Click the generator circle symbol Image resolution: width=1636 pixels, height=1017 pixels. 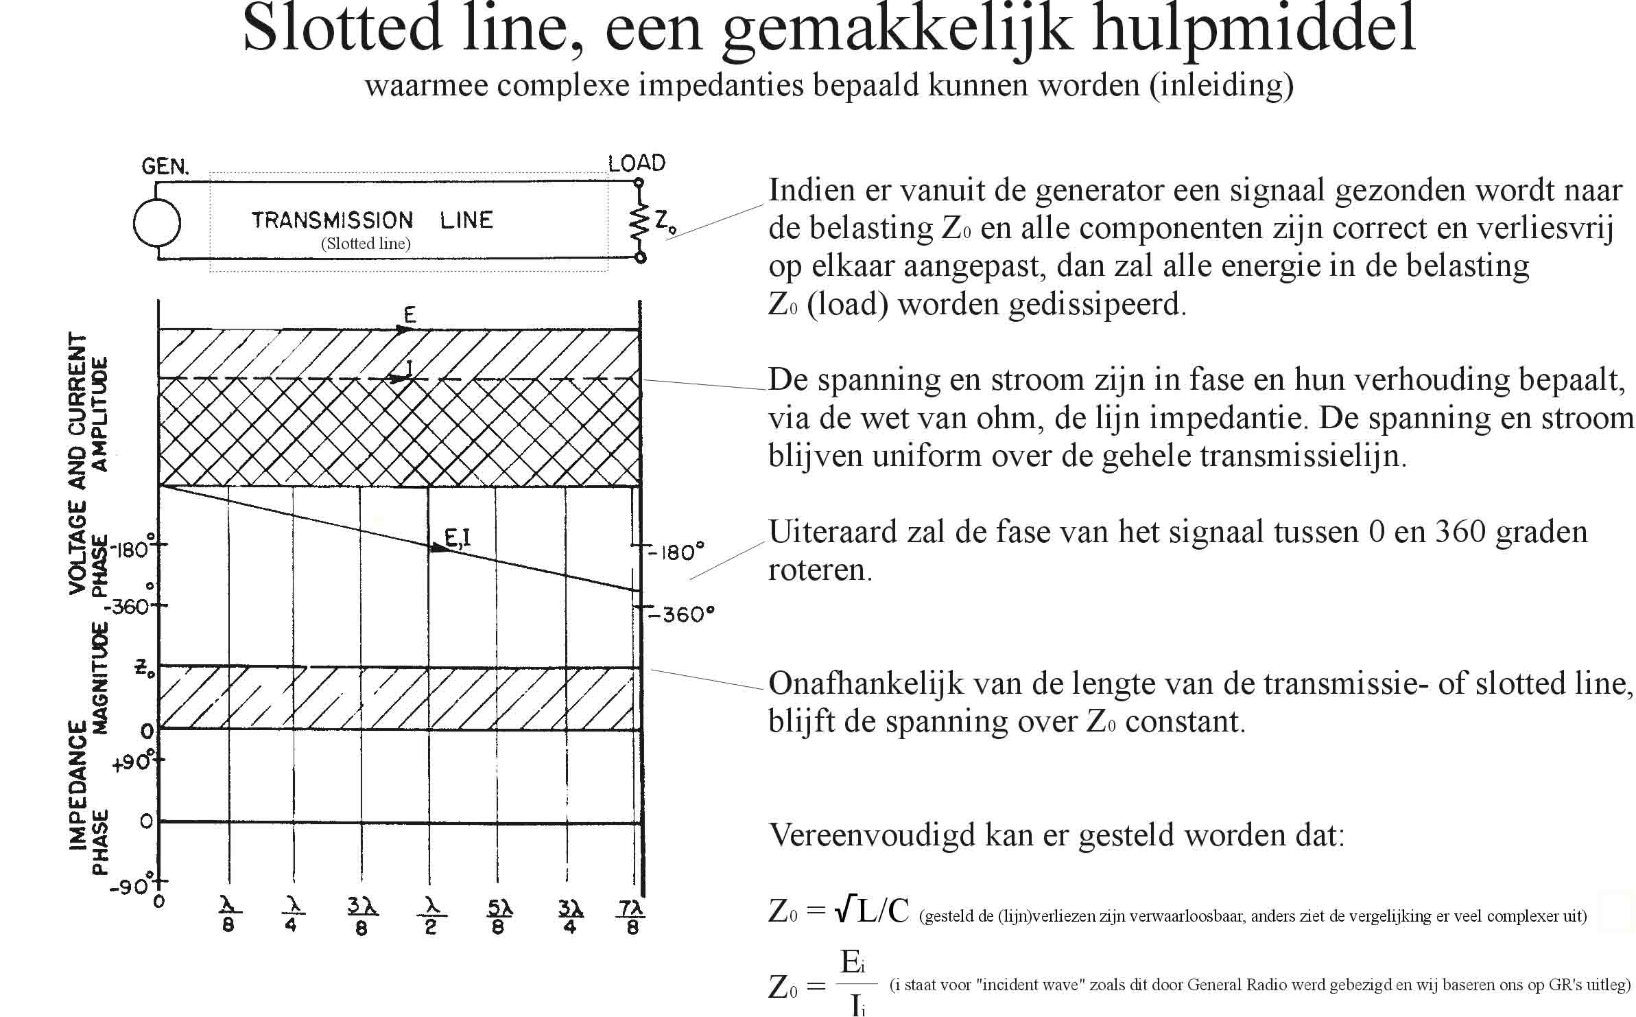coord(157,223)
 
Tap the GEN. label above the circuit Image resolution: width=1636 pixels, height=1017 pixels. coord(165,166)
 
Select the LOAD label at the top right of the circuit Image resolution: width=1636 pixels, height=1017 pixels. coord(637,163)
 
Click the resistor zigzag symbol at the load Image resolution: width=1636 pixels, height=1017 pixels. coord(639,220)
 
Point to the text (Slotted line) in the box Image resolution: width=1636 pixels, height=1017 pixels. coord(366,244)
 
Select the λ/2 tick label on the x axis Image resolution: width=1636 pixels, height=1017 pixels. coord(431,917)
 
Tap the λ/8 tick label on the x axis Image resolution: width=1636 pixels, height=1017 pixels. coord(228,916)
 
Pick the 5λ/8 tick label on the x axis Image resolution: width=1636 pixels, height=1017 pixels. coord(499,917)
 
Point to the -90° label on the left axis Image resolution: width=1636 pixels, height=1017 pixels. coord(132,887)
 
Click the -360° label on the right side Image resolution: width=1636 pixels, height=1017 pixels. coord(681,613)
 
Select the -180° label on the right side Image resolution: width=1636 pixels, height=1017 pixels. coord(676,552)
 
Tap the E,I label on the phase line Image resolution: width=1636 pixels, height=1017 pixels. coord(458,539)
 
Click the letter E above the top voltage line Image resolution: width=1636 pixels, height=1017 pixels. coord(410,315)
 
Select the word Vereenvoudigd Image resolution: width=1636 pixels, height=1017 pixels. coord(872,835)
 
